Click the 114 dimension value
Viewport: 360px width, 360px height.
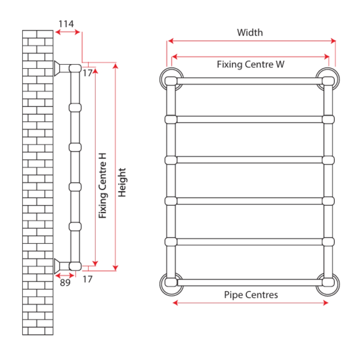66,24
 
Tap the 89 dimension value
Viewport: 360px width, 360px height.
65,282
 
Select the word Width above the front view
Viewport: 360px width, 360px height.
250,33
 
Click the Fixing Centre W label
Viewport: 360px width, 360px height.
250,64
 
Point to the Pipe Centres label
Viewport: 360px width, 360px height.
251,295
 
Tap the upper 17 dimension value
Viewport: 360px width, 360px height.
87,73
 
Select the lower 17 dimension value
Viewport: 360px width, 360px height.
87,279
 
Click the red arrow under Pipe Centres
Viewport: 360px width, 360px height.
250,303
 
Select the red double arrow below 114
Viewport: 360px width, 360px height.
67,32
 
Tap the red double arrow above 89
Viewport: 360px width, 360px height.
64,275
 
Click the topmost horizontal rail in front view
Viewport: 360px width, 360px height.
250,81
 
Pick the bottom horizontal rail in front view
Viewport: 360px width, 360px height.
250,282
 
